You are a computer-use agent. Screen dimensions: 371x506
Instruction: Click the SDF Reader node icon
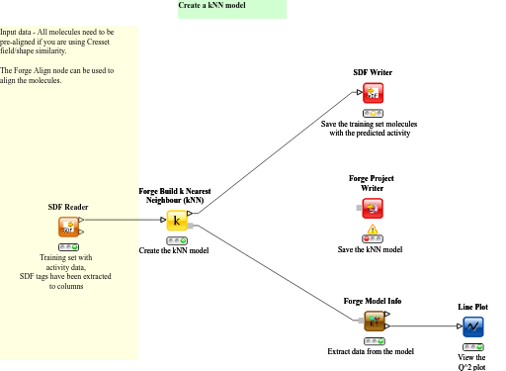68,228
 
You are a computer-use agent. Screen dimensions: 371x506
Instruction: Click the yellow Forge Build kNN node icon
177,221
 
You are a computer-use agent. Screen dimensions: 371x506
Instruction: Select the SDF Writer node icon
373,93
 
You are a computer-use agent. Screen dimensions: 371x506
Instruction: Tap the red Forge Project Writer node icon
373,208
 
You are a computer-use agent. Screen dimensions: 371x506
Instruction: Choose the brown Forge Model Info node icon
374,321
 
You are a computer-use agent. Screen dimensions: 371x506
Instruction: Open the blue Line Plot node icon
472,325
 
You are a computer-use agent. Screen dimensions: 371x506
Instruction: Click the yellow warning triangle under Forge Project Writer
373,229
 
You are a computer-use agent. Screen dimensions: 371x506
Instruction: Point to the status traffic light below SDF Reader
68,246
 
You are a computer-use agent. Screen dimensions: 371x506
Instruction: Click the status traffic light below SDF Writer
373,112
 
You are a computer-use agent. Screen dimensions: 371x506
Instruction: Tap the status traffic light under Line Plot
472,345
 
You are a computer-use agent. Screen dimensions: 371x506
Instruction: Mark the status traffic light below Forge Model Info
374,339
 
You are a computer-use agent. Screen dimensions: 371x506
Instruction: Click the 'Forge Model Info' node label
373,300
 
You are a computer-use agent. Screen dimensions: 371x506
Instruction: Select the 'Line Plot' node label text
472,307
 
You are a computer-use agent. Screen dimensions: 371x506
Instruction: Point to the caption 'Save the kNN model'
371,249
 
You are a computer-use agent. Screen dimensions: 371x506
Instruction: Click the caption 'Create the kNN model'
173,250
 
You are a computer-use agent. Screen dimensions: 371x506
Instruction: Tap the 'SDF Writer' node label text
373,73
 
